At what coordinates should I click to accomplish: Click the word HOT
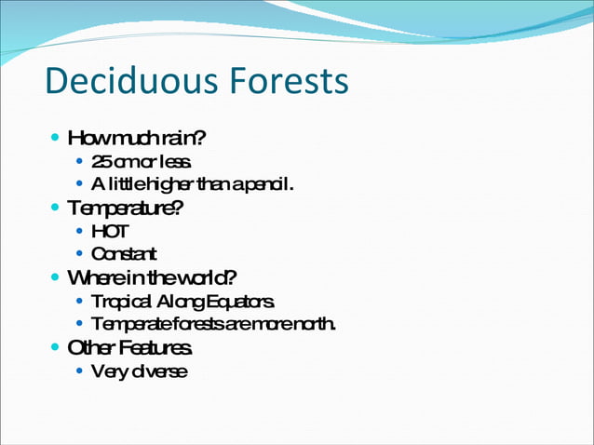tap(111, 231)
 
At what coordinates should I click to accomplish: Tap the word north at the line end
tap(314, 324)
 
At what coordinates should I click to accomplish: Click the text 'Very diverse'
tap(139, 371)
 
